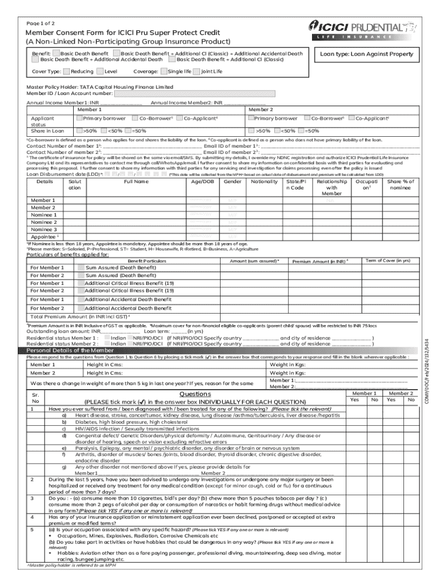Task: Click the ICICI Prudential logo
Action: [362, 29]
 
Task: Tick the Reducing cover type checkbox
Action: [66, 72]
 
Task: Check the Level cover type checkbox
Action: [101, 72]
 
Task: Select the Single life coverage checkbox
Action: [164, 72]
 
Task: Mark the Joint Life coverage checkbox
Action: [197, 72]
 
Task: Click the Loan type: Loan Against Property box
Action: [366, 54]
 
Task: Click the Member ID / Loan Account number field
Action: [195, 94]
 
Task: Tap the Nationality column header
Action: [264, 181]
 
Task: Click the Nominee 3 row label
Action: [43, 229]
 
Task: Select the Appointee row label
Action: [43, 236]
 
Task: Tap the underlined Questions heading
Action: [195, 394]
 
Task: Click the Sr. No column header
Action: [36, 398]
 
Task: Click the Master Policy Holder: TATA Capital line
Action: [100, 87]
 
